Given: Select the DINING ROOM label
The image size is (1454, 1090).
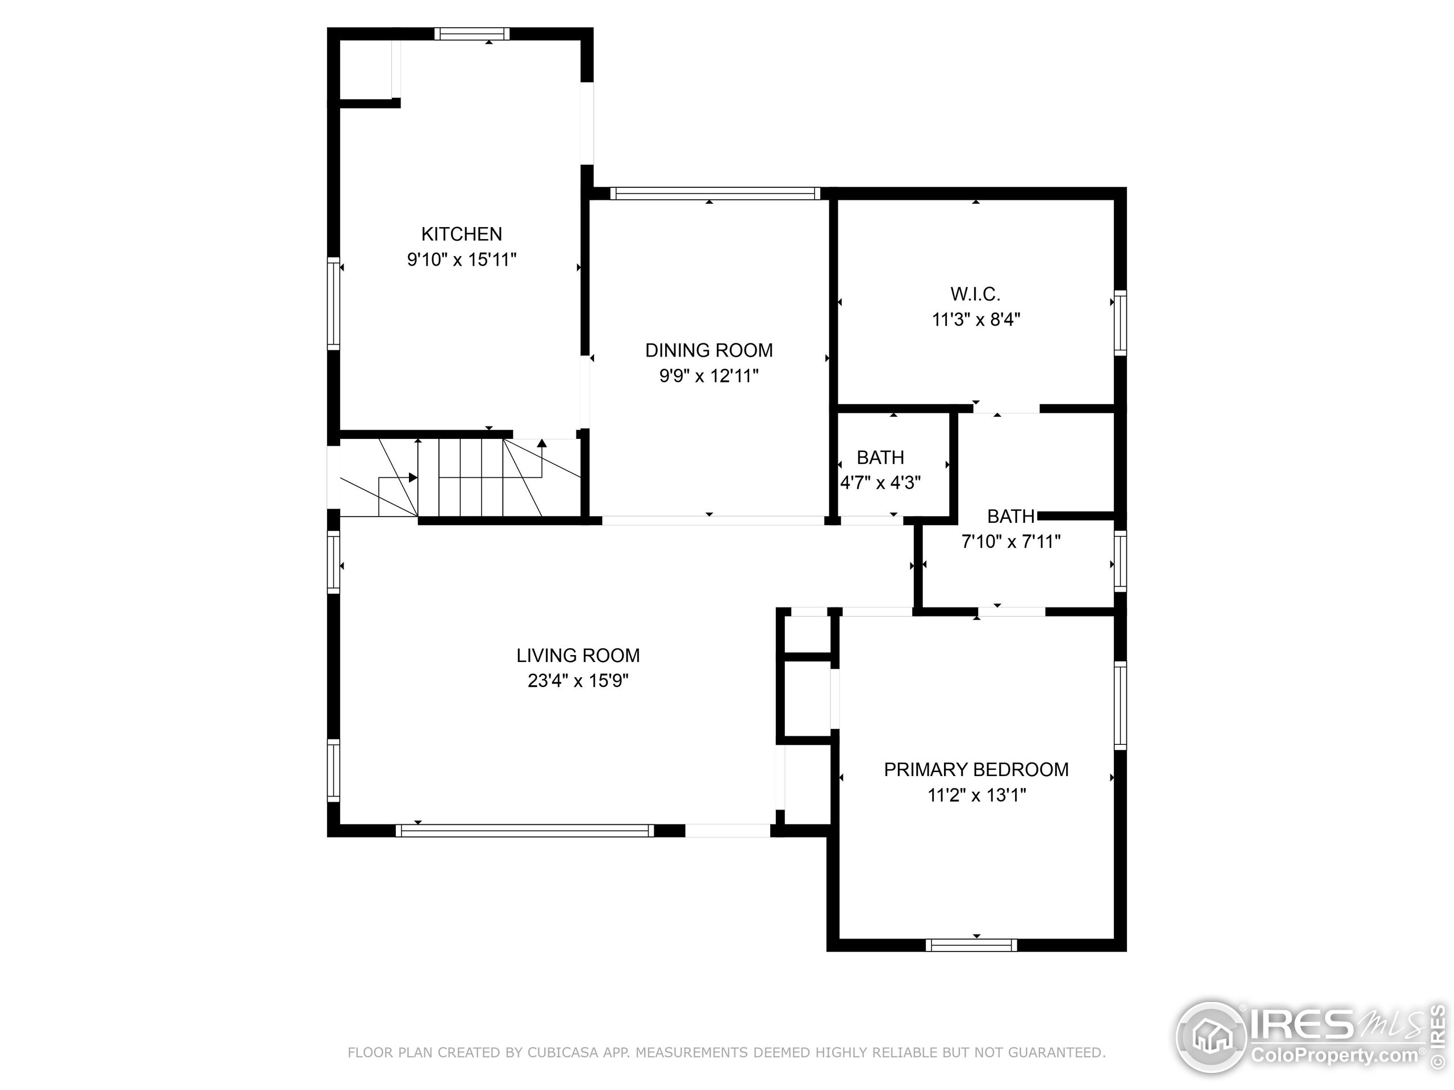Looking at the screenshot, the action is tap(709, 350).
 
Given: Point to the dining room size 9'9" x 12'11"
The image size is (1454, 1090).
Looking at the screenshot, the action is tap(709, 376).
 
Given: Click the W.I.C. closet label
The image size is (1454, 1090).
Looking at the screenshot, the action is tap(975, 294).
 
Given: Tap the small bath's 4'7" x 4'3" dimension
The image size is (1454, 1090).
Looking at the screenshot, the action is tap(880, 483).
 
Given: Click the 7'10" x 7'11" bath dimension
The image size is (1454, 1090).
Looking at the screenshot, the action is tap(1011, 542).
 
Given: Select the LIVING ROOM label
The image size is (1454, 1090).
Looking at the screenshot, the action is tap(578, 655).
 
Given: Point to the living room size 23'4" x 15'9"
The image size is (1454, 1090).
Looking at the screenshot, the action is tap(578, 681).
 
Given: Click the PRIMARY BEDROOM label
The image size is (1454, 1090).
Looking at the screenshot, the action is tap(976, 769).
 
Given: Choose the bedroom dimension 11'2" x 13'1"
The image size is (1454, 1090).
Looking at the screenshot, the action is tap(976, 795).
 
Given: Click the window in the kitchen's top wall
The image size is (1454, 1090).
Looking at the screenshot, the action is tap(471, 33).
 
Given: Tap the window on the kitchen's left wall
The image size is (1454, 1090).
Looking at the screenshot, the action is tap(333, 303).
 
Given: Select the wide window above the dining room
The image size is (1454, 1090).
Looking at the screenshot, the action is tap(715, 193).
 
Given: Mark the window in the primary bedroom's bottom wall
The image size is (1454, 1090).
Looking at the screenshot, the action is tap(971, 945).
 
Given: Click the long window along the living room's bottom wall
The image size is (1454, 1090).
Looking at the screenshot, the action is tap(525, 831).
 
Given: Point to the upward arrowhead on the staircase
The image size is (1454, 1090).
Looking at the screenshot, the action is tap(542, 443).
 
